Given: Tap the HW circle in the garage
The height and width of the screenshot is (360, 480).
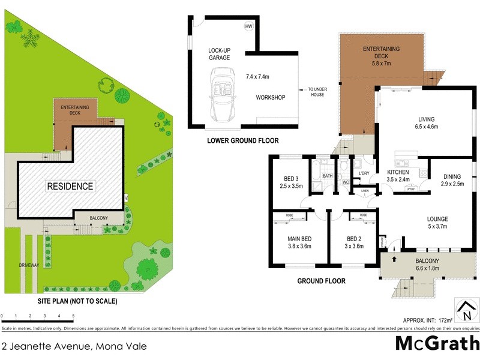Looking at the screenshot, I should click(x=248, y=27).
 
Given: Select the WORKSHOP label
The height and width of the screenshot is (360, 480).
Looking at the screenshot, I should click(x=270, y=97).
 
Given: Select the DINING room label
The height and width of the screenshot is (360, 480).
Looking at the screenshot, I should click(x=452, y=180).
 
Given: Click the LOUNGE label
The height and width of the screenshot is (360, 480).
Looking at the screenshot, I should click(x=437, y=223).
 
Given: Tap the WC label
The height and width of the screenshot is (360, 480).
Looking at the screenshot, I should click(x=345, y=182).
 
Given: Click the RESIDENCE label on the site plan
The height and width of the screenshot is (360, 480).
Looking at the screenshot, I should click(x=71, y=186).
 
